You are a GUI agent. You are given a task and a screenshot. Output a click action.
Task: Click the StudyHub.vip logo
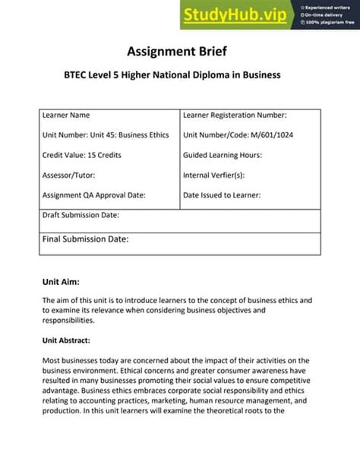click(226, 14)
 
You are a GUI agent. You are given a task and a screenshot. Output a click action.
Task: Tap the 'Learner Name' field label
click(65, 115)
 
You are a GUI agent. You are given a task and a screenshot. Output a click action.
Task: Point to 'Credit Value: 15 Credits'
click(81, 155)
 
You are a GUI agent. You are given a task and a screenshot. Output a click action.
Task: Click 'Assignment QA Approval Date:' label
click(93, 195)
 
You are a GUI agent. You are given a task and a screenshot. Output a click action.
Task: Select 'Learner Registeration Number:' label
click(235, 115)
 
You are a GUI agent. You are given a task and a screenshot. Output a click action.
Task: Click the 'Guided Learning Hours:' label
click(223, 155)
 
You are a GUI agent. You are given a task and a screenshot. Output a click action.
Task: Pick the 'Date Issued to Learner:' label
click(222, 195)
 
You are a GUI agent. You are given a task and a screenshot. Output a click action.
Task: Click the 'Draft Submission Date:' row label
click(81, 215)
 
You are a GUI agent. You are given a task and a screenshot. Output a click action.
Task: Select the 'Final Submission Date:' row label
click(85, 239)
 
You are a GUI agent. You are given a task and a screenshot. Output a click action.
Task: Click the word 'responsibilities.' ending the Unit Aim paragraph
click(70, 321)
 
